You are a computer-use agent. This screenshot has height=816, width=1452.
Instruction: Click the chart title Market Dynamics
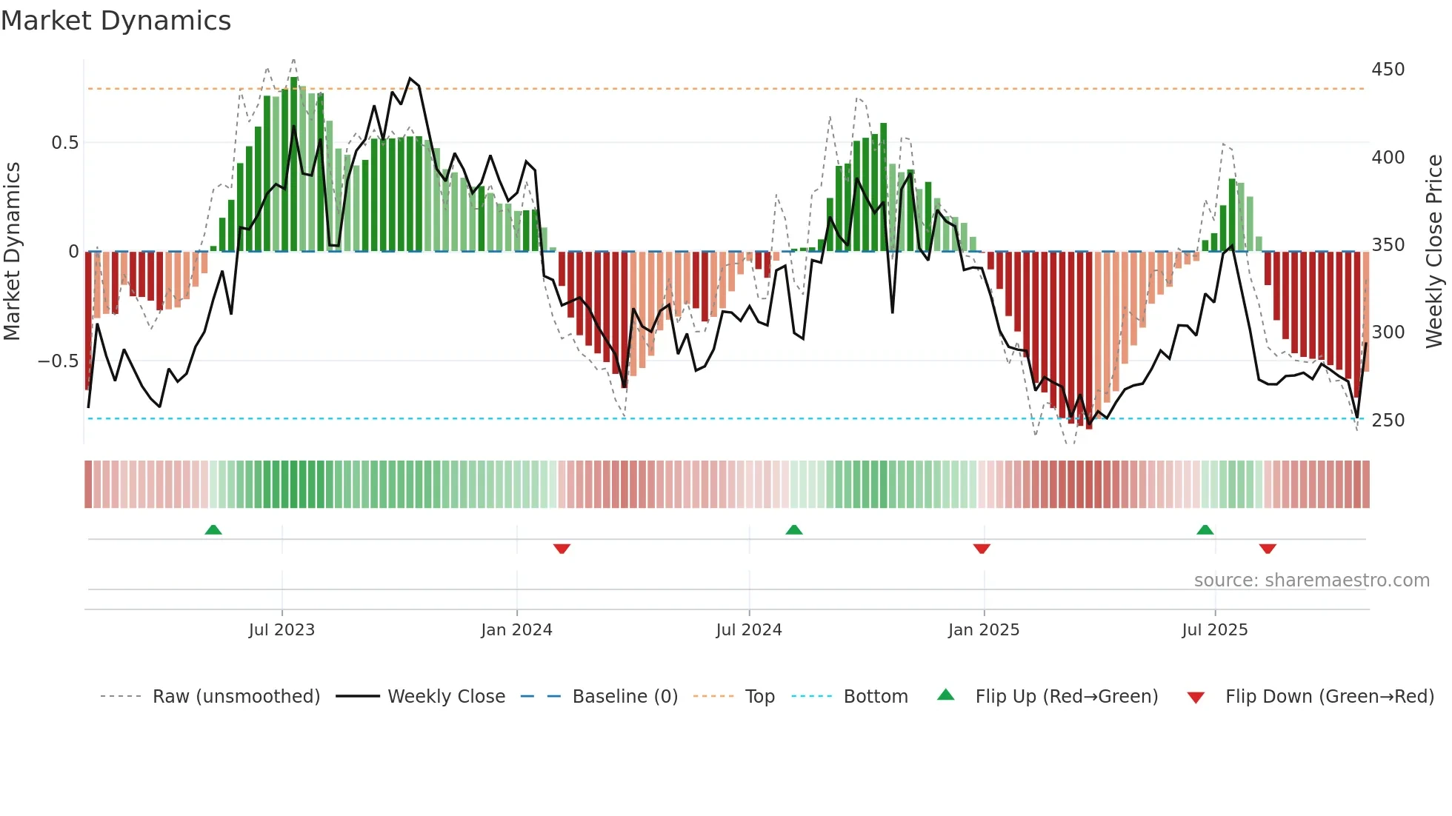(116, 21)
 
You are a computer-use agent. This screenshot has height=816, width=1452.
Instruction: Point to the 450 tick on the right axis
(1388, 70)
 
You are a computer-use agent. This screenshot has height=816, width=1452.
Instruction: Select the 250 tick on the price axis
(1388, 421)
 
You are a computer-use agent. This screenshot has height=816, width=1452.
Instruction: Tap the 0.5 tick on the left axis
(64, 143)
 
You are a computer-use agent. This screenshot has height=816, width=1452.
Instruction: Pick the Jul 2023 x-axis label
(282, 630)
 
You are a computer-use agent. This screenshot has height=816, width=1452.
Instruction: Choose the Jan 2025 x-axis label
(983, 630)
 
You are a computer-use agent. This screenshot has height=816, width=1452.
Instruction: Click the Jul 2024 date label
(748, 630)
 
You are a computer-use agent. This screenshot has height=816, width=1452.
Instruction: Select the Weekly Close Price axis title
(1434, 252)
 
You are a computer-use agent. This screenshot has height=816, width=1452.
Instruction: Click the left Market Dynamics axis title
(12, 252)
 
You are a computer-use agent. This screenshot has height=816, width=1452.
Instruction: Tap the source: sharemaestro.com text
(1311, 581)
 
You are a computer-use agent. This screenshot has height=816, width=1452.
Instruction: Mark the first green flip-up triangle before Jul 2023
(213, 529)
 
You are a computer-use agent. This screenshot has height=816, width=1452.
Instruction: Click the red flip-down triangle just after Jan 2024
(562, 549)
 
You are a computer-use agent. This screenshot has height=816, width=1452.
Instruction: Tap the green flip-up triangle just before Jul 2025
(1205, 529)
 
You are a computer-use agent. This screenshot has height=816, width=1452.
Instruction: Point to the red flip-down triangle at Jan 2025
(982, 549)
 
